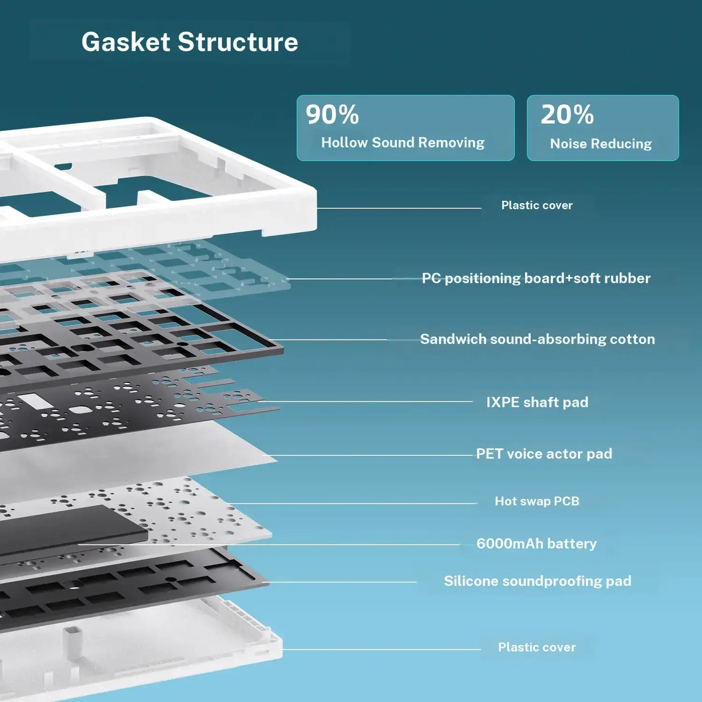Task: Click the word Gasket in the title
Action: (126, 42)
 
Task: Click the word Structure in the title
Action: (238, 42)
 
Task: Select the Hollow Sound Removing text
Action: (403, 142)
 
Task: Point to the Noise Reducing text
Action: (601, 143)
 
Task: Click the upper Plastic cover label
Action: (537, 205)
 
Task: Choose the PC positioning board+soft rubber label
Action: (536, 278)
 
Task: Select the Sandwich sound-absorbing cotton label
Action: (537, 339)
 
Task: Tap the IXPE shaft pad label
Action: (537, 402)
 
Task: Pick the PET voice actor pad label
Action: (544, 454)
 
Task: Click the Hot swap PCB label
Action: (537, 501)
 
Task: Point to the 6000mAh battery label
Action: (536, 544)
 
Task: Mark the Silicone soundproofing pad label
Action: (537, 581)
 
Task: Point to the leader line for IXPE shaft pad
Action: (367, 401)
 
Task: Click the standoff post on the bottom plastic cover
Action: (72, 642)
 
